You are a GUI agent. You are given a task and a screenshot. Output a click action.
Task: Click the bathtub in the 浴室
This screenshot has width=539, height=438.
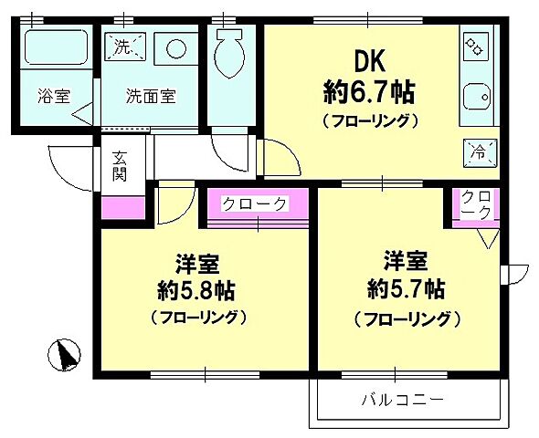[x=53, y=47]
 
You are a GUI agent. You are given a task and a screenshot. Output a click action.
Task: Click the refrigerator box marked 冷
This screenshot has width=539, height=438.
[x=476, y=151]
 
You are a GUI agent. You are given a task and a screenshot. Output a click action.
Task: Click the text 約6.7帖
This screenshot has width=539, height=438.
[x=370, y=91]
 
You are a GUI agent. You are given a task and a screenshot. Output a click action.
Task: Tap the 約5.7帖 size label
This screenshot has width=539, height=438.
[x=403, y=290]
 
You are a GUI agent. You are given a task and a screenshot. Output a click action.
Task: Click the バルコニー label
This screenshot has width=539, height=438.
[x=402, y=400]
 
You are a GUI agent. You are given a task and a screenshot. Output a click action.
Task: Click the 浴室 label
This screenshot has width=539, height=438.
[x=54, y=95]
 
